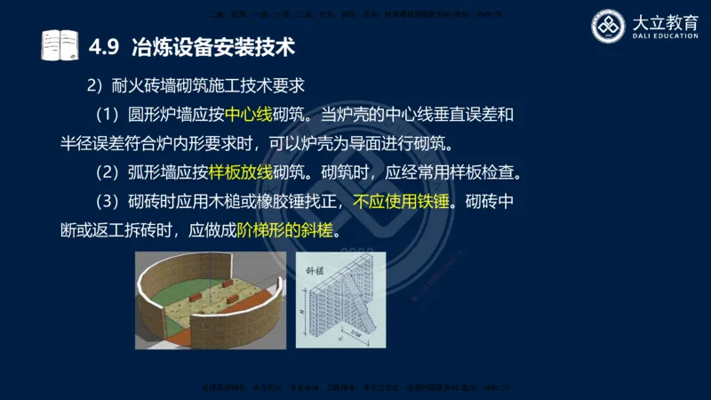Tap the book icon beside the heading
point(60,44)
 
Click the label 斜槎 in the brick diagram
point(318,267)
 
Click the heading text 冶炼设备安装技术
point(212,44)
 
